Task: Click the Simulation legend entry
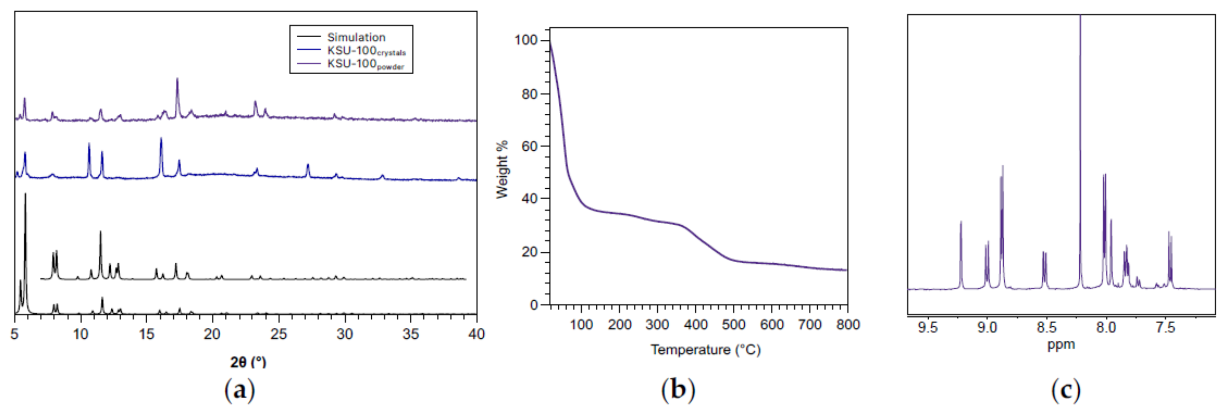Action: (356, 37)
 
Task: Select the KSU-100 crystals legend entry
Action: (366, 51)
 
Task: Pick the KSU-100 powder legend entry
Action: (365, 64)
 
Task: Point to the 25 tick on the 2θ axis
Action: (278, 334)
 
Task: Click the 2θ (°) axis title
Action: (248, 362)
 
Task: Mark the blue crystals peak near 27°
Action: (307, 166)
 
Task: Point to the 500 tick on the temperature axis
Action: (733, 324)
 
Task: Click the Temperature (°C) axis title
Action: (705, 350)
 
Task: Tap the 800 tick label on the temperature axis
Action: (847, 324)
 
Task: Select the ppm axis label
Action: (1061, 344)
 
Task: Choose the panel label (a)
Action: (239, 390)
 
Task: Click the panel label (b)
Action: (678, 390)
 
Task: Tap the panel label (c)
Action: (1065, 390)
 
